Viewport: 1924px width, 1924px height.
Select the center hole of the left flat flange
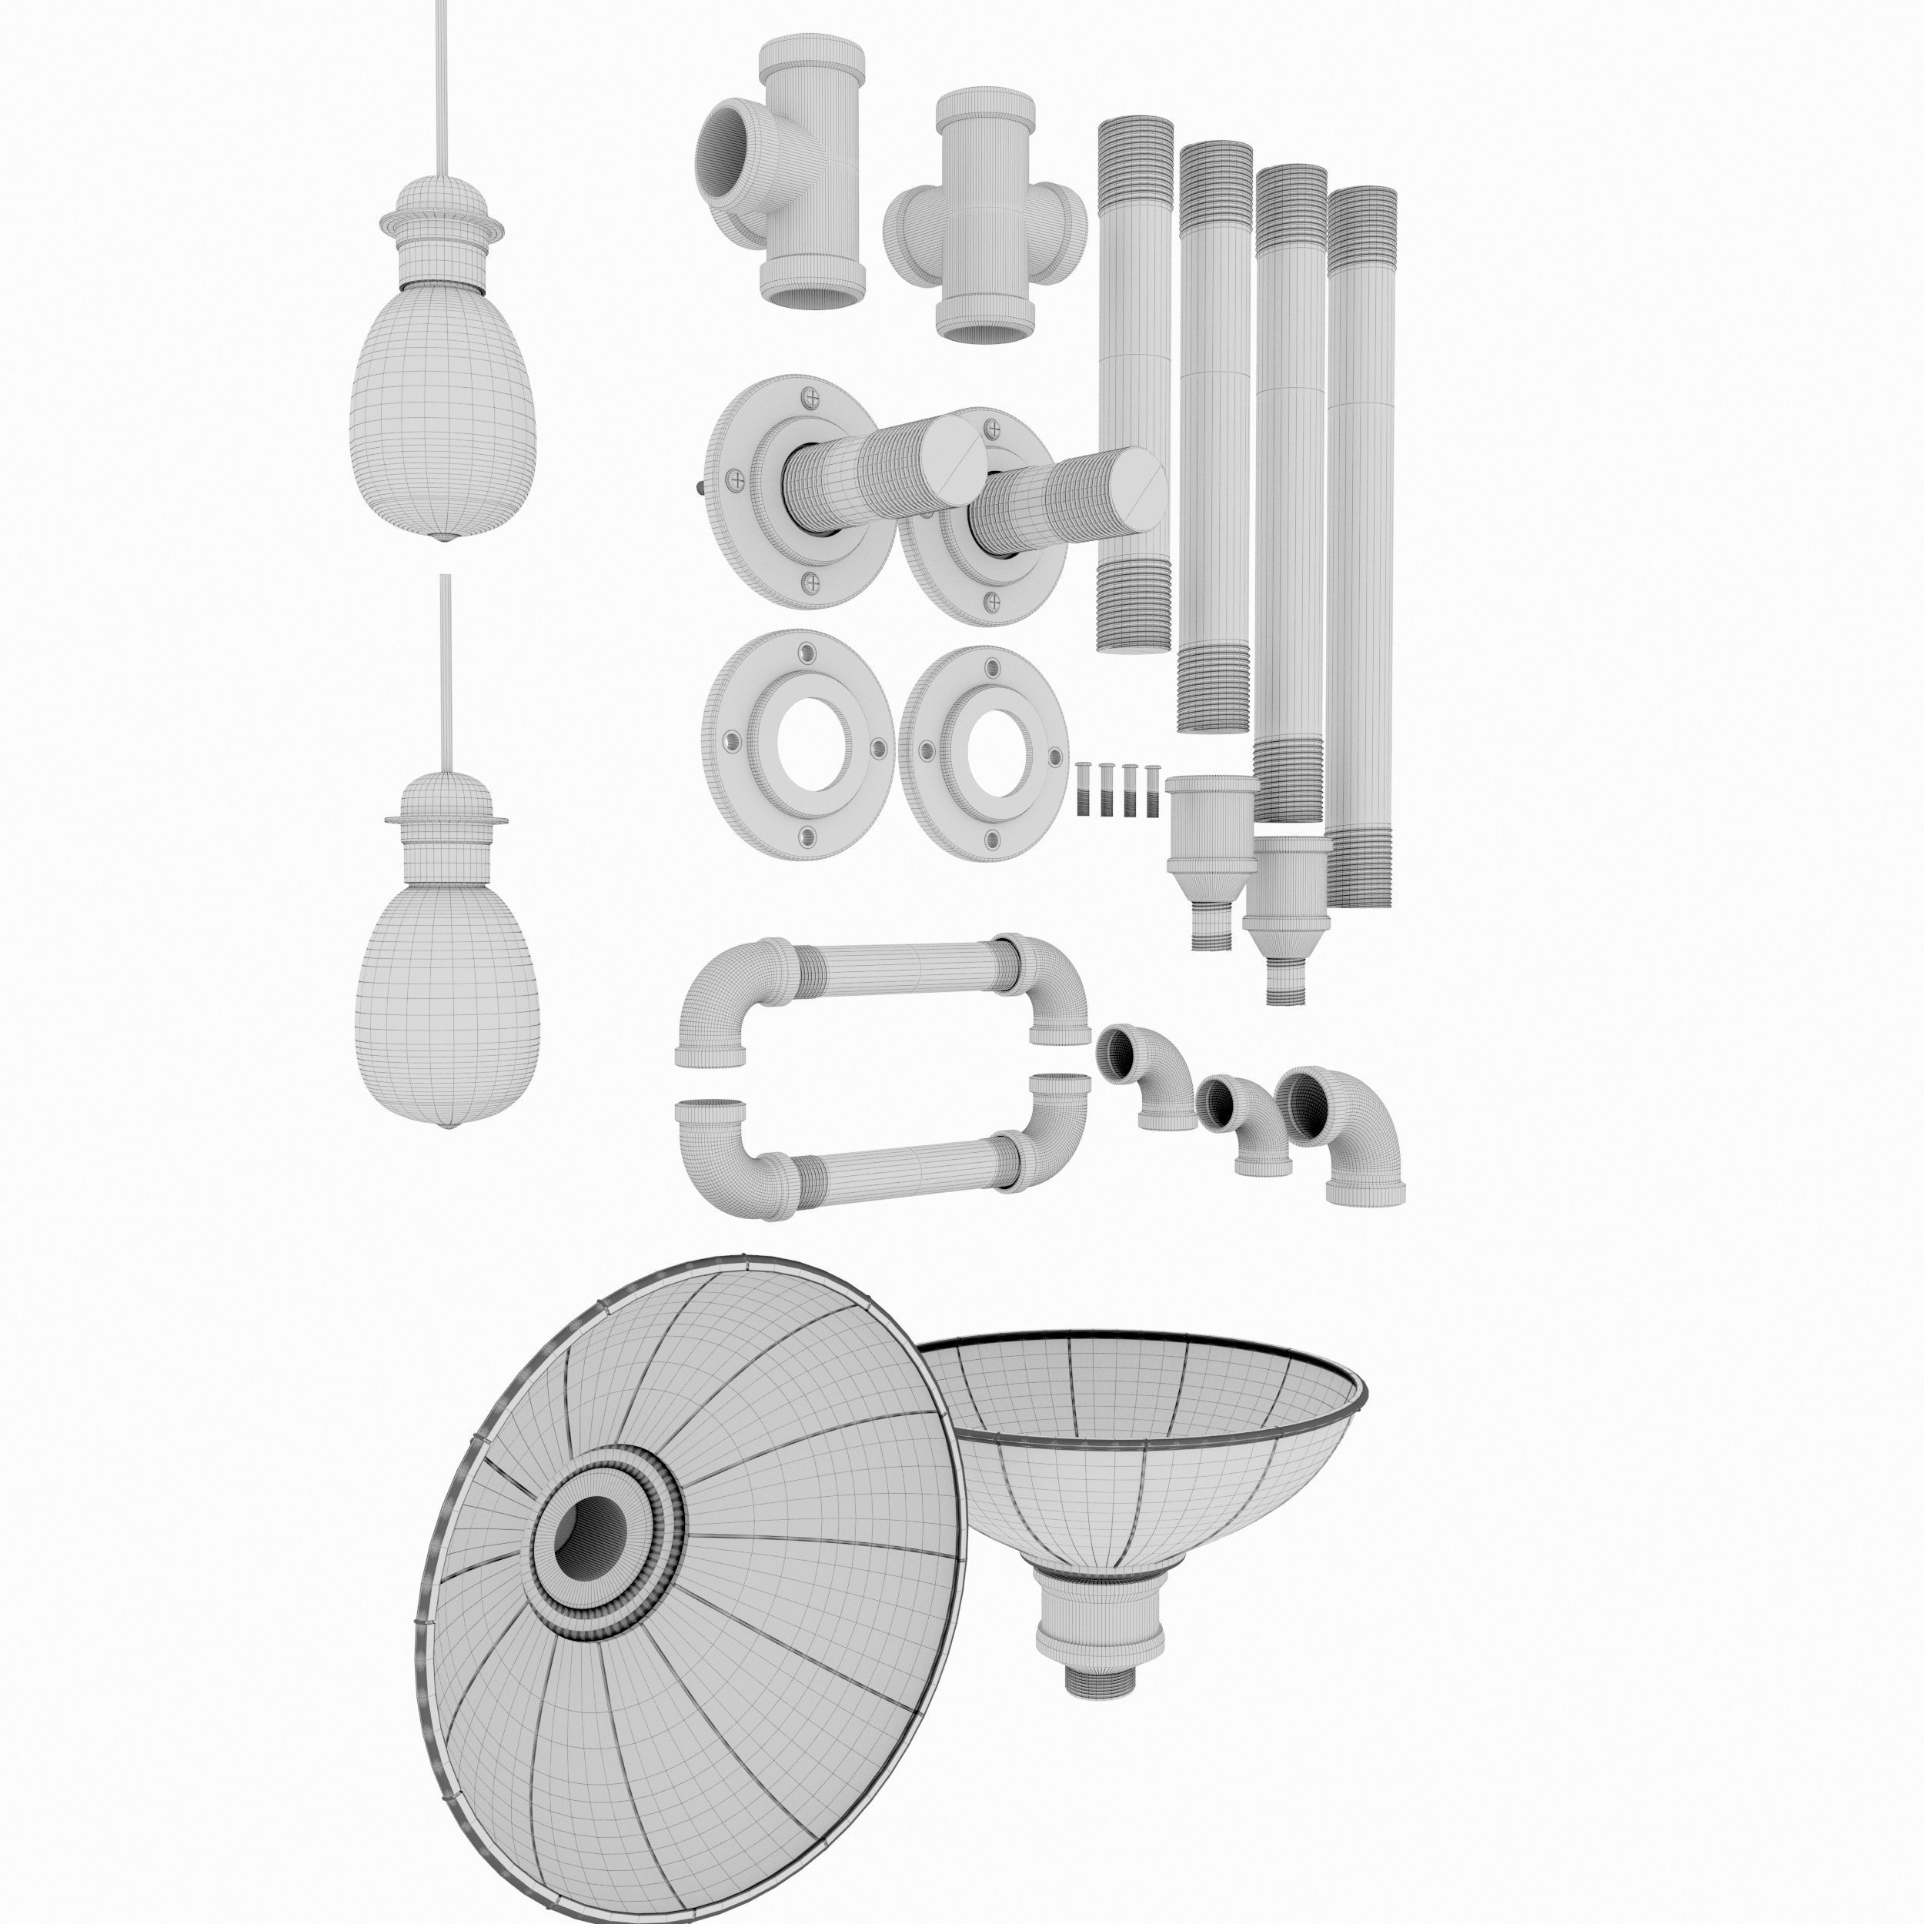[x=813, y=744]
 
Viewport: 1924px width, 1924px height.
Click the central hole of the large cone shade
[x=590, y=1538]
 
